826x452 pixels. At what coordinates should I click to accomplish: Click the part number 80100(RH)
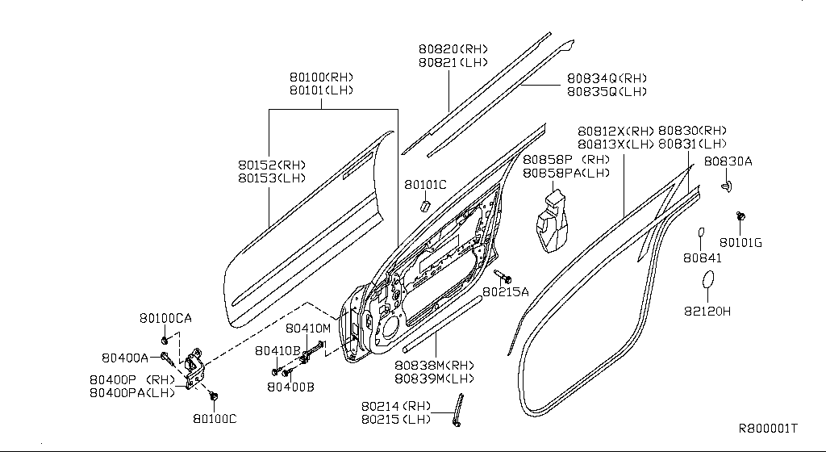point(322,77)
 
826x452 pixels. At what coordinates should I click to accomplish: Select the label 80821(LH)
point(453,62)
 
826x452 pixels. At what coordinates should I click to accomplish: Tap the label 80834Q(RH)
point(607,78)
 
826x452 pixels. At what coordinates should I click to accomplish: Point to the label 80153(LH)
point(272,178)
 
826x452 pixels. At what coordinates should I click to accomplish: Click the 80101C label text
point(425,185)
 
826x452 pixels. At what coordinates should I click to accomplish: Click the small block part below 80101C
point(422,205)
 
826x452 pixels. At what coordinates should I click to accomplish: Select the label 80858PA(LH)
point(566,173)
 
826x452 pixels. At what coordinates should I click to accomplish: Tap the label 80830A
point(728,161)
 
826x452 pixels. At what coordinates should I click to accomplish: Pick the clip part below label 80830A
point(728,187)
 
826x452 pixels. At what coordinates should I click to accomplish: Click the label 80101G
point(741,241)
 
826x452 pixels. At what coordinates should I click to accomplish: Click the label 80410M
point(308,329)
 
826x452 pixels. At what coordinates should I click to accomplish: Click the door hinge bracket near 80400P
point(194,369)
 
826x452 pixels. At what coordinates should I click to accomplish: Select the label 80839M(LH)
point(434,378)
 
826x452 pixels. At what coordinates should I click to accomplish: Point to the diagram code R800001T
point(768,428)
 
